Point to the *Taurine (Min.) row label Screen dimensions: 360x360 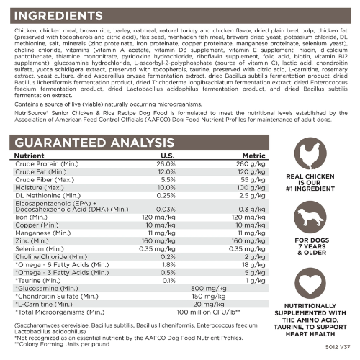(x=37, y=280)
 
